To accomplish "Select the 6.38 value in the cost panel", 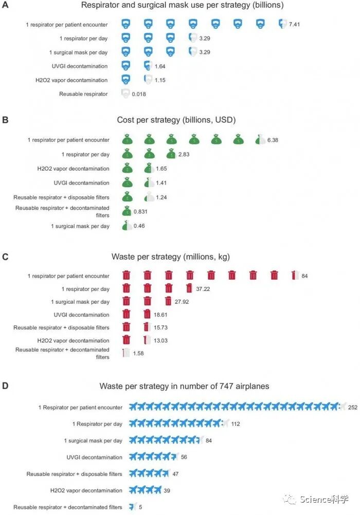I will (x=273, y=140).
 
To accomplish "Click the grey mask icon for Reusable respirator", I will (x=125, y=94).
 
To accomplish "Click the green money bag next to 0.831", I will (x=125, y=211).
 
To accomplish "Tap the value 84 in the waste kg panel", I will (x=304, y=276).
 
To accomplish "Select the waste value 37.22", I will (x=203, y=289).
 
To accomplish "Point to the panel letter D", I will (x=5, y=385).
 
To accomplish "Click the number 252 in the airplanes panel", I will (x=353, y=407).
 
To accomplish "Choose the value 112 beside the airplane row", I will (x=236, y=424).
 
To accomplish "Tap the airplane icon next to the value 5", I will (x=132, y=507).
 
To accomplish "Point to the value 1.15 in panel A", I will (x=161, y=80).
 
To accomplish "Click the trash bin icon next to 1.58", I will (x=126, y=353).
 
